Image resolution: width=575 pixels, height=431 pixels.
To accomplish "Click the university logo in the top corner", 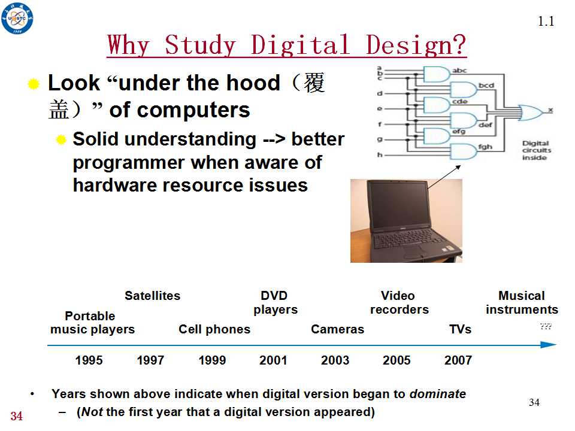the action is point(17,17).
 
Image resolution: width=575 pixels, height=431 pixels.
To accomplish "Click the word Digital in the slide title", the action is point(300,45).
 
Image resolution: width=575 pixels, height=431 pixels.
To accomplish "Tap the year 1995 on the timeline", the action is point(89,360).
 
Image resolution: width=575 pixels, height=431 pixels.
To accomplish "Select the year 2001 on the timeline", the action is point(273,360).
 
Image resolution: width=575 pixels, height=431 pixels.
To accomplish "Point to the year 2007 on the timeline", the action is point(458,360).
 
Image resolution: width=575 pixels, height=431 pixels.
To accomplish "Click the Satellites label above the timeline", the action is point(153,296).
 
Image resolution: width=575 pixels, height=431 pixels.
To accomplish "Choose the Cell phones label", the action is point(214,329).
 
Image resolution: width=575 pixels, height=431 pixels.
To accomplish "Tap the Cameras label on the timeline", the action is point(337,329).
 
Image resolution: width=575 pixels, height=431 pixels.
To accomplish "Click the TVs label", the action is point(461,329).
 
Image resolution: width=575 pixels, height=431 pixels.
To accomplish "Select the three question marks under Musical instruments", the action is point(546,326).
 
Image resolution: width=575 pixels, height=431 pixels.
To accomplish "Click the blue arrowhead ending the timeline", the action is point(549,345).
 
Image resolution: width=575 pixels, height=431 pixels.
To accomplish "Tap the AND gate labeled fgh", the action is point(464,151).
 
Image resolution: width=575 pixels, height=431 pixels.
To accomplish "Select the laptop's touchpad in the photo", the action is point(413,251).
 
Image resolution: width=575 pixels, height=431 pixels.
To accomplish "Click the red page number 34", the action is point(17,416).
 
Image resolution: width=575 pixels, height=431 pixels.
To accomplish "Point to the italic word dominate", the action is point(438,394).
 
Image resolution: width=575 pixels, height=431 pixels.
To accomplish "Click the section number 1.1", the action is point(546,22).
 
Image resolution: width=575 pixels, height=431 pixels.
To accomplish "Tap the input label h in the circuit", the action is point(380,154).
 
